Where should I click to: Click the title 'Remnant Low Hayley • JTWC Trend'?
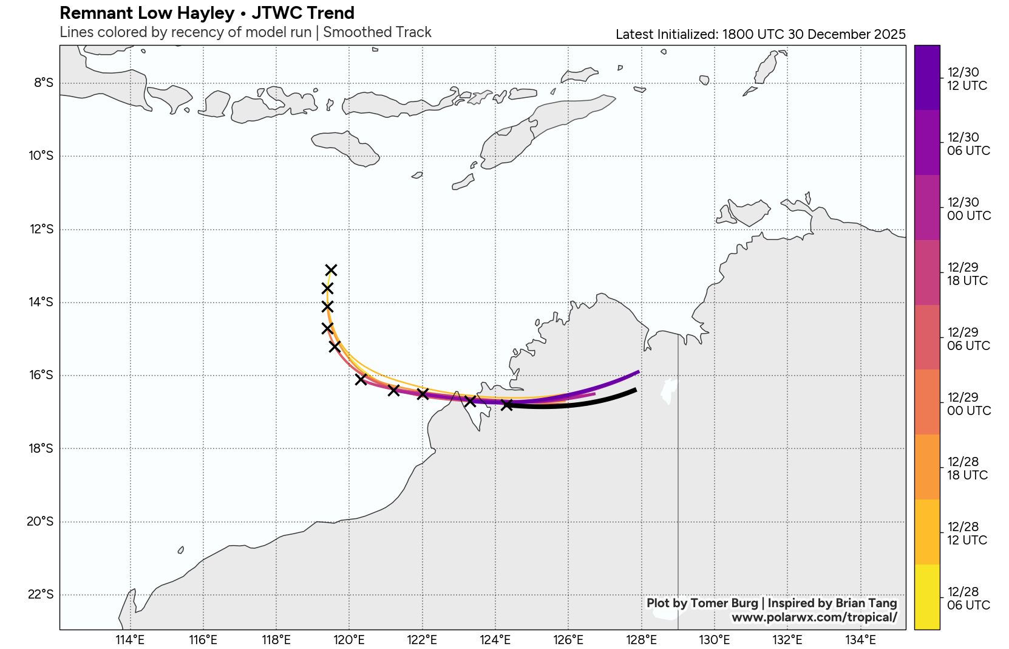[207, 13]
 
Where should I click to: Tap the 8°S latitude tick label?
[44, 83]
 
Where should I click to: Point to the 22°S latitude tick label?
[41, 594]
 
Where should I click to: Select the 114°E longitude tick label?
[130, 639]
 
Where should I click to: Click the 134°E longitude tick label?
[860, 639]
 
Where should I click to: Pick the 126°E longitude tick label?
[568, 639]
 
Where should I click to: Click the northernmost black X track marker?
[331, 270]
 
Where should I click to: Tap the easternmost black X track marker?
[506, 405]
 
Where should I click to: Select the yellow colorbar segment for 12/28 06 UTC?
[926, 597]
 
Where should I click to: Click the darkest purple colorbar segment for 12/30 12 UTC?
[926, 78]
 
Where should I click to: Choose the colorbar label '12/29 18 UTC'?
[967, 274]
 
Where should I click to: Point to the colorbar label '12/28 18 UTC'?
[967, 469]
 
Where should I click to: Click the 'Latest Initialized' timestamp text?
[760, 35]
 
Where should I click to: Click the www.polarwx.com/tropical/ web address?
[814, 617]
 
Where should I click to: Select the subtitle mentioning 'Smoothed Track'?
[245, 32]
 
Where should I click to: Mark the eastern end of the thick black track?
[635, 390]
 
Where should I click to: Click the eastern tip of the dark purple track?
[638, 371]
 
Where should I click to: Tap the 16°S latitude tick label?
[41, 375]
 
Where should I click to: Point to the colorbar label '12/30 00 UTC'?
[968, 209]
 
